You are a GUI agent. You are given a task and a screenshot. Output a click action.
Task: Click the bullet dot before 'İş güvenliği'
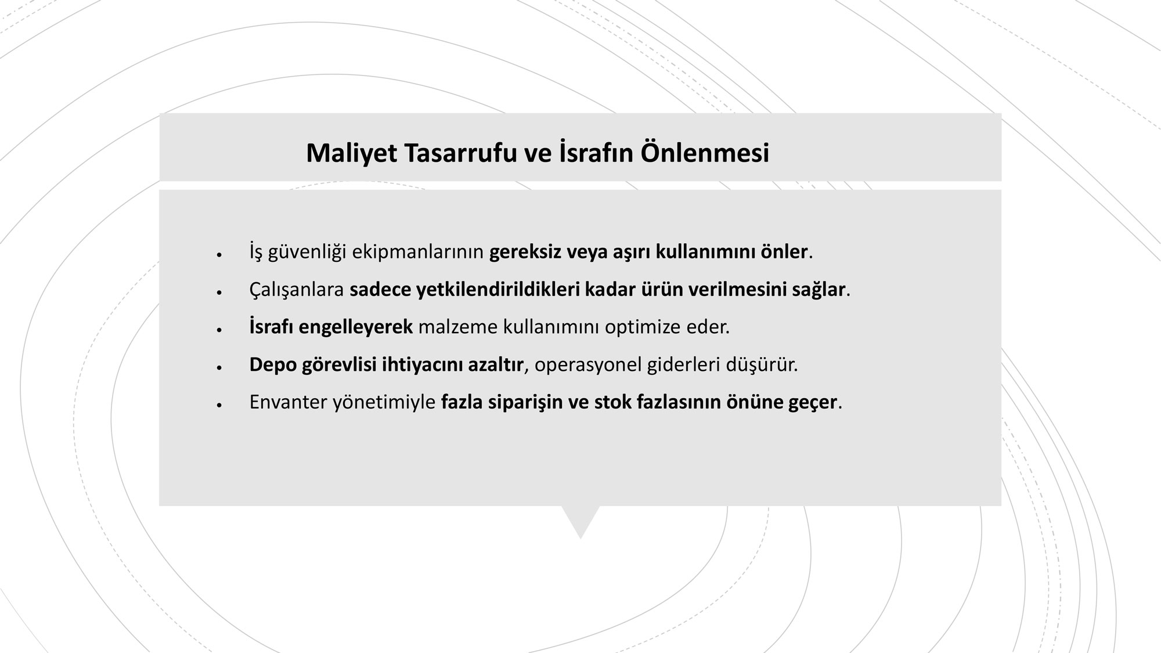(219, 254)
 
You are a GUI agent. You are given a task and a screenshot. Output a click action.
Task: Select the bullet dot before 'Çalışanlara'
(219, 292)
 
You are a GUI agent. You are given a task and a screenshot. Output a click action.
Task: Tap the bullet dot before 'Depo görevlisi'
(219, 367)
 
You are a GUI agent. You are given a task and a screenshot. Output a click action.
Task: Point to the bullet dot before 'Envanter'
(219, 405)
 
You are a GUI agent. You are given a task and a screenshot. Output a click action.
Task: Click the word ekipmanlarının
(418, 252)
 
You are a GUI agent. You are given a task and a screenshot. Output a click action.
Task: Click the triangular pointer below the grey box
(580, 519)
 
